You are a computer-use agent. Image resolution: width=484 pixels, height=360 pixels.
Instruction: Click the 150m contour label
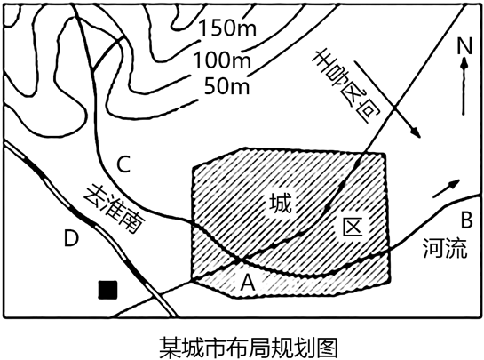(227, 28)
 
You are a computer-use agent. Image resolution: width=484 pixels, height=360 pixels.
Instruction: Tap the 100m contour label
(222, 60)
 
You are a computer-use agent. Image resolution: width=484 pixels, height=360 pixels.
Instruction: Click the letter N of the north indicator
(464, 46)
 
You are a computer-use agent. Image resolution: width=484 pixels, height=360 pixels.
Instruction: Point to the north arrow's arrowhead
(464, 64)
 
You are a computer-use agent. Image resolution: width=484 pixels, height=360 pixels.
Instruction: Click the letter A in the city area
(248, 283)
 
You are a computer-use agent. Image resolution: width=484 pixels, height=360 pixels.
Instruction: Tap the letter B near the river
(466, 220)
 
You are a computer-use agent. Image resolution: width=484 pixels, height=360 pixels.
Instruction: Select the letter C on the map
(124, 164)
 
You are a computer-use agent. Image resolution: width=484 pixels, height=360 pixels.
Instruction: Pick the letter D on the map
(72, 238)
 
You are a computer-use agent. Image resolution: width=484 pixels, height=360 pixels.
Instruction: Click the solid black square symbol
(107, 290)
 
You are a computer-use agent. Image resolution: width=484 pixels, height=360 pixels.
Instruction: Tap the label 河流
(445, 248)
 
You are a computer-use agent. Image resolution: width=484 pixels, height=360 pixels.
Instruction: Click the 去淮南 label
(115, 209)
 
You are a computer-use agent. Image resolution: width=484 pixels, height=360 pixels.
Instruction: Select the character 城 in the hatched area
(281, 203)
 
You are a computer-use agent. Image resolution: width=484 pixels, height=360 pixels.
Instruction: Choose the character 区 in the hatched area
(353, 228)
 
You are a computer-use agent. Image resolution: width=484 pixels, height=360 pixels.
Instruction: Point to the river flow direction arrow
(447, 188)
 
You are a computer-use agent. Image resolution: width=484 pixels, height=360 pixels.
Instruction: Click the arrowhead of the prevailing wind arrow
(417, 133)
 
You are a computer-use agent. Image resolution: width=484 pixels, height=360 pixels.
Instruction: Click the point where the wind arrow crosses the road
(395, 108)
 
